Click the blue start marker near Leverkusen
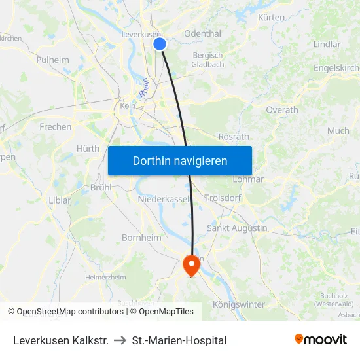point(160,44)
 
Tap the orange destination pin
point(191,264)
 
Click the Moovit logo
point(320,339)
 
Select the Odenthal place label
point(203,34)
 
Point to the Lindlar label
point(327,45)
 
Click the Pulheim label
point(53,60)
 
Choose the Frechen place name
point(55,126)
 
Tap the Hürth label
point(88,149)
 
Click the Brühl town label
point(101,187)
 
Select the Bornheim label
point(141,238)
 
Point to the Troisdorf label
point(225,198)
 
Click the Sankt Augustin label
point(237,228)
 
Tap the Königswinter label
point(240,304)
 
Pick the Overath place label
point(282,110)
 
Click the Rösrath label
point(233,137)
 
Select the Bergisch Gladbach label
point(207,60)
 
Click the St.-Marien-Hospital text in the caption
point(179,340)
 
